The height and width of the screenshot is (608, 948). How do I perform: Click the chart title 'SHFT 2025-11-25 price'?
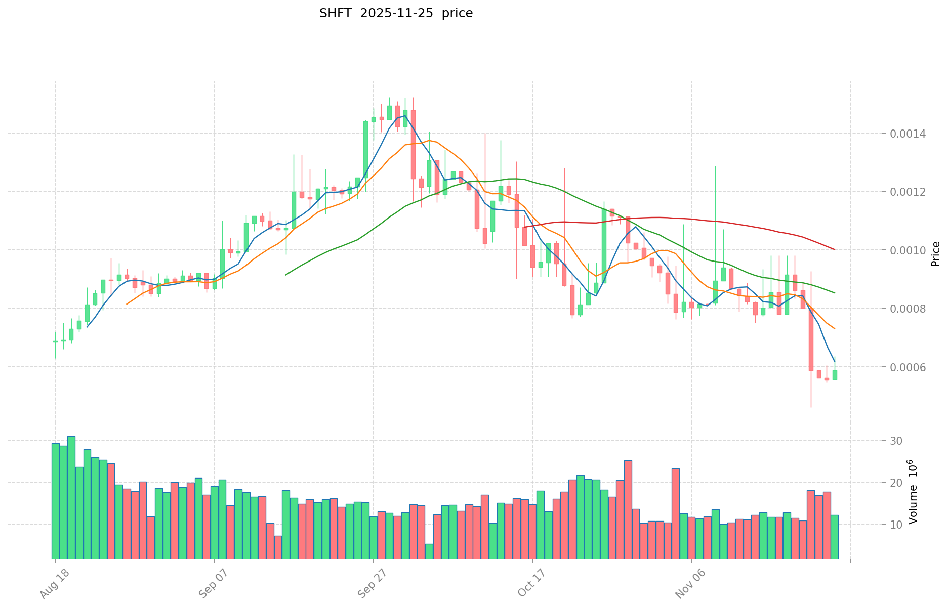point(396,14)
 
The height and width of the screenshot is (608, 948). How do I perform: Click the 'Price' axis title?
point(935,254)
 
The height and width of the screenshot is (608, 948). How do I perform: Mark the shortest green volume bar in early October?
point(429,551)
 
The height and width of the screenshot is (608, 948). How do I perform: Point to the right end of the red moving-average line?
point(835,249)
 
